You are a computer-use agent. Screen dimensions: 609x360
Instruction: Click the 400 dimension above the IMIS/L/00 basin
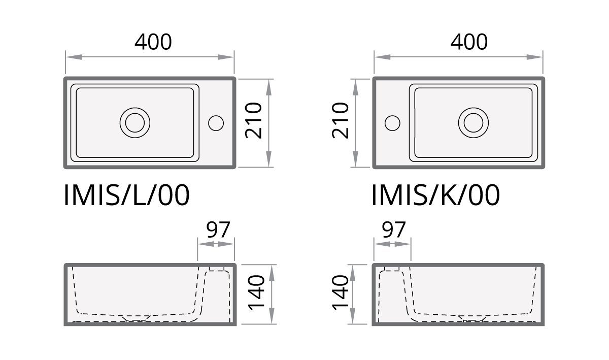tap(153, 42)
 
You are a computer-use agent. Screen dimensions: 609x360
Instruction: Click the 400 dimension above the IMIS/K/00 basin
tap(469, 42)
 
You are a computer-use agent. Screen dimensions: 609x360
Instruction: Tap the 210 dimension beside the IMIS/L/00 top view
tap(253, 120)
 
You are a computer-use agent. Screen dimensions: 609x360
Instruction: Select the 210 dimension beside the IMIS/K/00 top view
tap(340, 120)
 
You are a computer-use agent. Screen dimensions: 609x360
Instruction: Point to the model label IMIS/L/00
tap(126, 195)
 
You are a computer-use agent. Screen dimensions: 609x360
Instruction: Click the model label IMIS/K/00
tap(435, 195)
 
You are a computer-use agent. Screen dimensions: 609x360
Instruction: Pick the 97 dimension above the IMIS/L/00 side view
tap(218, 230)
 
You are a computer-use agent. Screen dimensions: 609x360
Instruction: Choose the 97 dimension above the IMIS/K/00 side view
tap(394, 230)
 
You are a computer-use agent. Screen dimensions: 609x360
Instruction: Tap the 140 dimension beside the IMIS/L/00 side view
tap(256, 292)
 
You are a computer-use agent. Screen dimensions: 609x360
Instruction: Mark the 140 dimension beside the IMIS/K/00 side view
tap(340, 292)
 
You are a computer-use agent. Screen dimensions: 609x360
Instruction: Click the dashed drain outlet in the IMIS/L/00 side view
tap(136, 319)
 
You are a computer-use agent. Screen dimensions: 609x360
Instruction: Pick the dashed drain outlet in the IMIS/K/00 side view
tap(473, 319)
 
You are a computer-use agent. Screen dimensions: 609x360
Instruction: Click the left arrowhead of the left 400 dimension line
tap(74, 57)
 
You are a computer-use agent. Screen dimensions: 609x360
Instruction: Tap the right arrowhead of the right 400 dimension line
tap(534, 57)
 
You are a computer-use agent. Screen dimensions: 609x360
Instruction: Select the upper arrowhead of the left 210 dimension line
tap(268, 87)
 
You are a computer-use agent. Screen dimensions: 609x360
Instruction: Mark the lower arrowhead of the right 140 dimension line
tap(352, 316)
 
